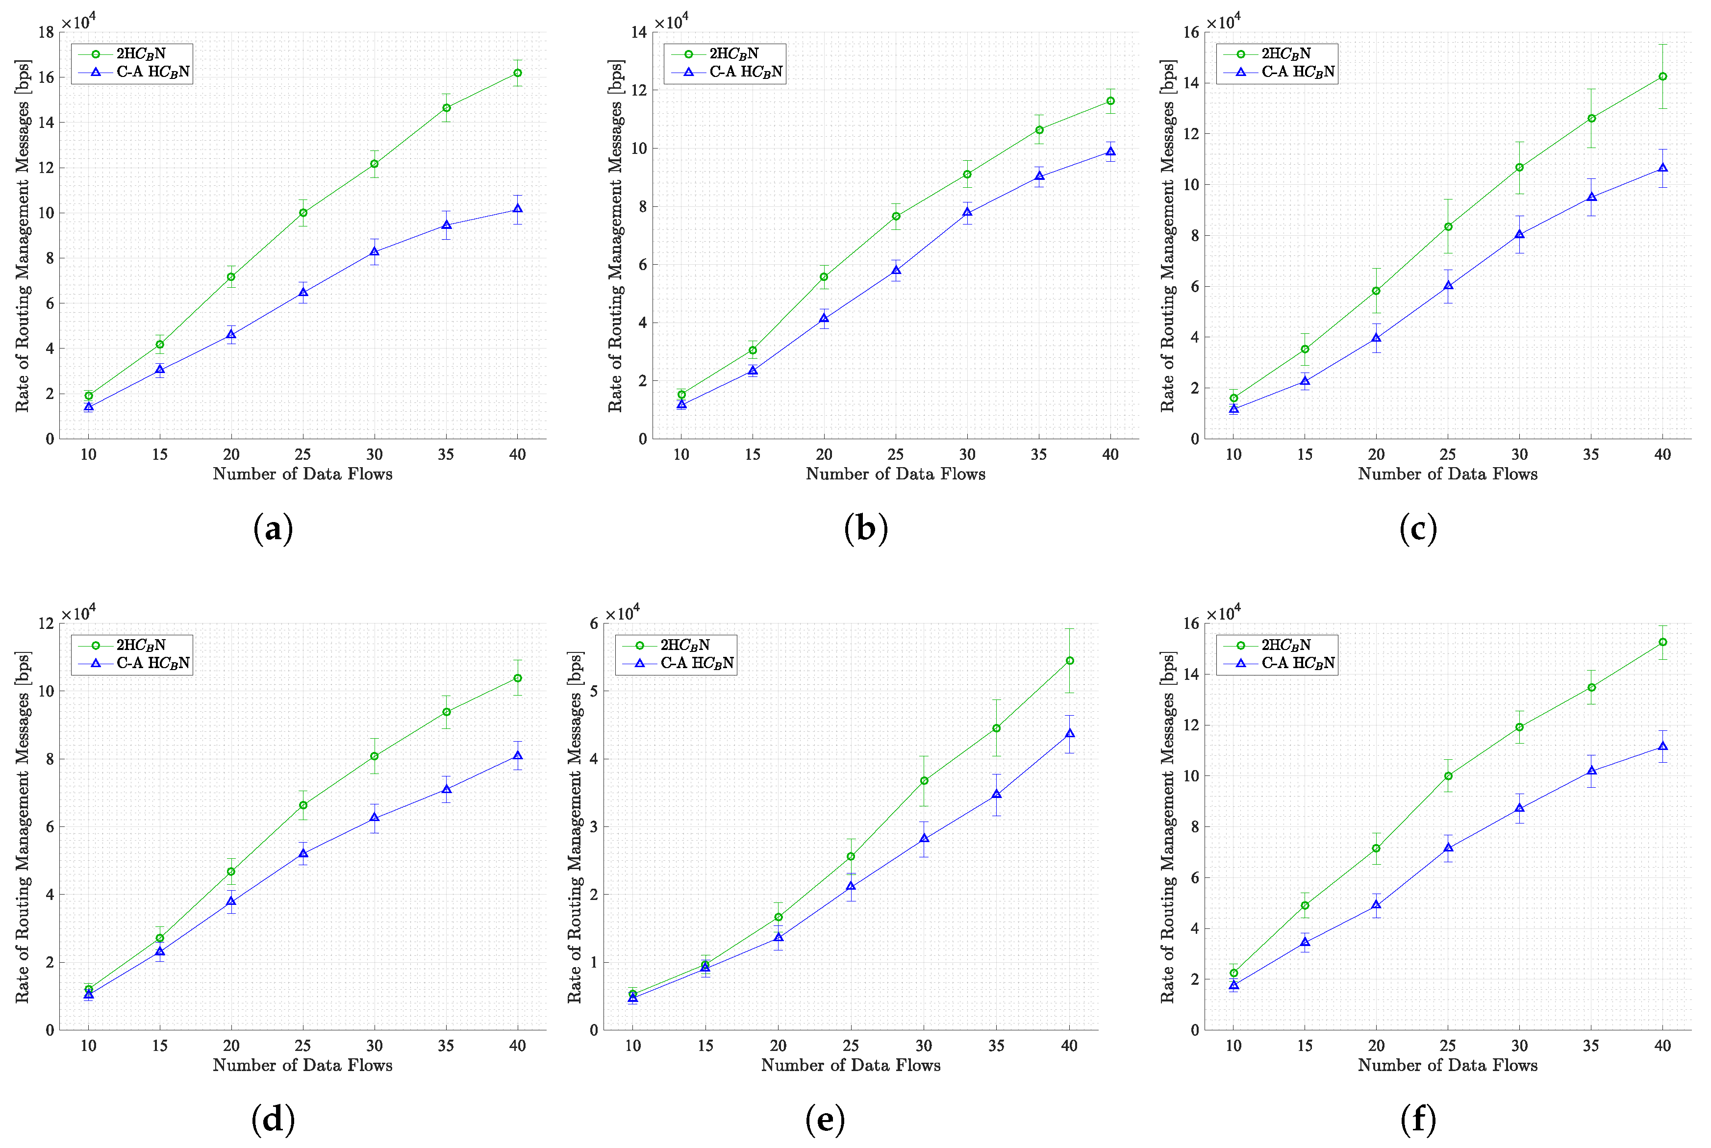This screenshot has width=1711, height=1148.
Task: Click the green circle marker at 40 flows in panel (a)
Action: pyautogui.click(x=518, y=73)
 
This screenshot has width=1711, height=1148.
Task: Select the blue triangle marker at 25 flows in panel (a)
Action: pyautogui.click(x=303, y=293)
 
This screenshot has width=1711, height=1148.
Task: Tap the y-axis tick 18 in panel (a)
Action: pyautogui.click(x=46, y=32)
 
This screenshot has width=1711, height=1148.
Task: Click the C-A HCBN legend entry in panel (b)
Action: pyautogui.click(x=745, y=72)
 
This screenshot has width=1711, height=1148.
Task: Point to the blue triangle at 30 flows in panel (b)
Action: pyautogui.click(x=967, y=213)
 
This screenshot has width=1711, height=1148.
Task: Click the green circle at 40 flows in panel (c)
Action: pyautogui.click(x=1662, y=77)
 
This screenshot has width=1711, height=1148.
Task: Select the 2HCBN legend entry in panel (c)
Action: pyautogui.click(x=1285, y=53)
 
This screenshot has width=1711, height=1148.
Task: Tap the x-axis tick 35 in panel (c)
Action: pyautogui.click(x=1591, y=455)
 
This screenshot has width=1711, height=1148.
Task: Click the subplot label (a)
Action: pyautogui.click(x=273, y=528)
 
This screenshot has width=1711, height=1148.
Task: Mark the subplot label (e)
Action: pyautogui.click(x=825, y=1120)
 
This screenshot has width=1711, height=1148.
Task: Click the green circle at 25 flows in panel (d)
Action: pyautogui.click(x=303, y=805)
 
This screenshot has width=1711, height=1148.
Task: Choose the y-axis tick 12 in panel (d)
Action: pyautogui.click(x=46, y=624)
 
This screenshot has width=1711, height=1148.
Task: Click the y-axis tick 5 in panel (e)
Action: pyautogui.click(x=594, y=691)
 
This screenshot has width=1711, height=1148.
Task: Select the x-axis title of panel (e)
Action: pyautogui.click(x=851, y=1065)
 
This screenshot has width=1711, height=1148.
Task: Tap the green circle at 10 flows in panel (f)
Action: pyautogui.click(x=1233, y=974)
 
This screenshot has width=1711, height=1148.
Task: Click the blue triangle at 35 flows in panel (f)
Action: pyautogui.click(x=1591, y=771)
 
